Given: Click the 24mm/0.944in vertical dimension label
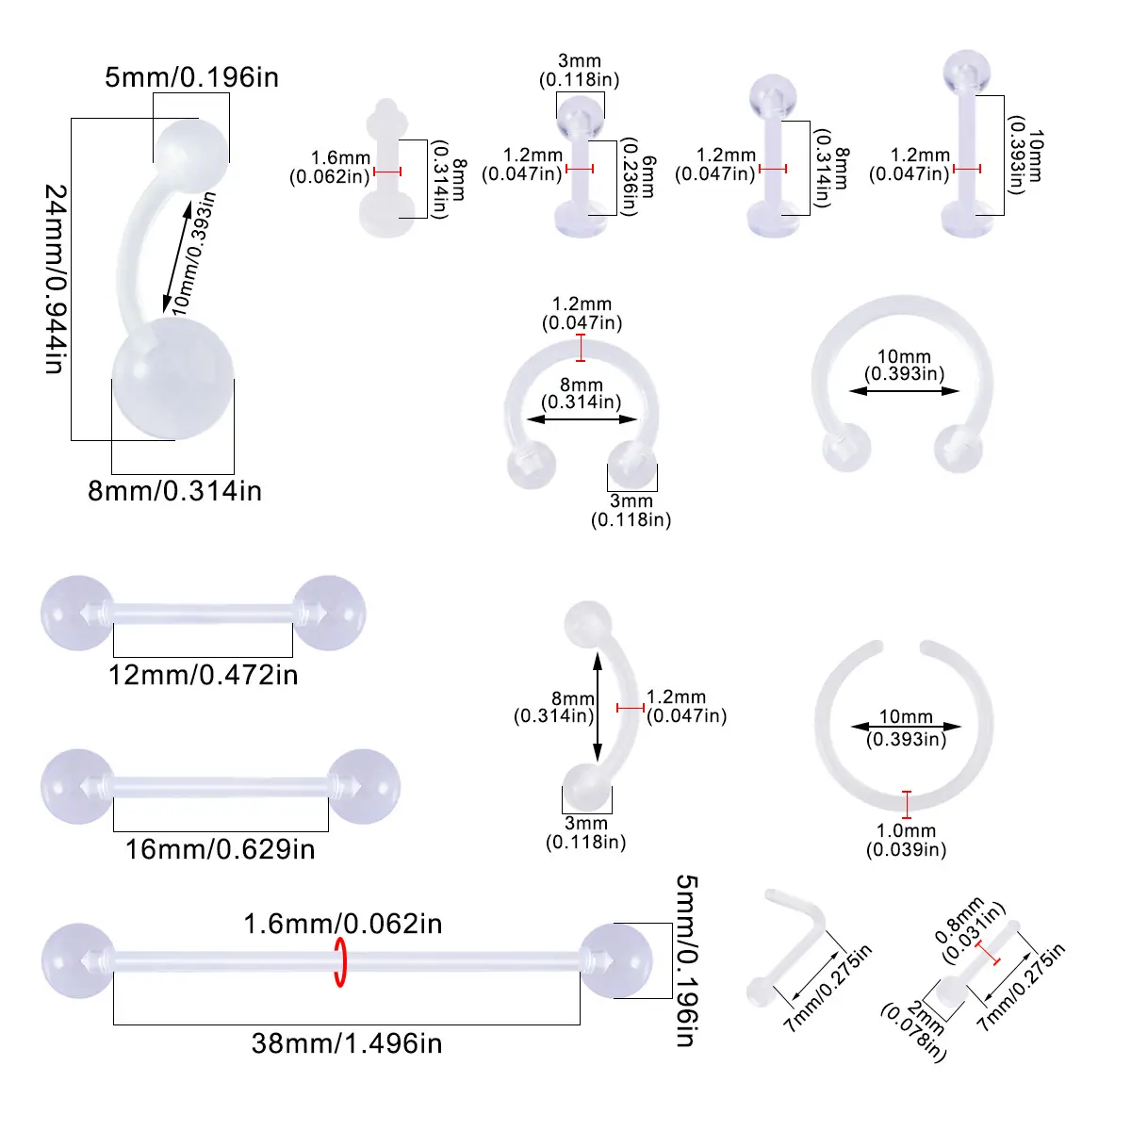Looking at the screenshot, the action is tap(57, 279).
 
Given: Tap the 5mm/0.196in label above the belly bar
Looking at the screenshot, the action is tap(192, 77).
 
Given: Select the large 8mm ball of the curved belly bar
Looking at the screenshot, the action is tap(172, 378).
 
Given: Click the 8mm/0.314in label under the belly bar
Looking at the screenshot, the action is tap(175, 491).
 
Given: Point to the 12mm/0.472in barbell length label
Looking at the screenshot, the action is tap(203, 675).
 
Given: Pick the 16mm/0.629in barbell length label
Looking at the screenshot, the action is tap(221, 849).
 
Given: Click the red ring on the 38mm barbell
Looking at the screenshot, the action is tap(340, 962).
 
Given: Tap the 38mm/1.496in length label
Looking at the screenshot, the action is tap(347, 1043).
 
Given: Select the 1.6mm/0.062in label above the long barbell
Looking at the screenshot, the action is tap(343, 924).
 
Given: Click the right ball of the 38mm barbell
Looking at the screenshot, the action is tap(615, 960).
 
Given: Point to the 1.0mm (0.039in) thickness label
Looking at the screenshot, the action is tap(906, 840).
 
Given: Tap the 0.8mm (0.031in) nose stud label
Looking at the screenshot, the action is tap(969, 930).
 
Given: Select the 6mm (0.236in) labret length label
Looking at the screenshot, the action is tap(639, 176).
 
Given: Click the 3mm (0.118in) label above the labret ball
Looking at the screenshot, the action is tap(580, 70).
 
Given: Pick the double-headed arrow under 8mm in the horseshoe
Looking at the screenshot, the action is tap(582, 419).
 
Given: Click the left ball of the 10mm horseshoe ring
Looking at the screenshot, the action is tap(846, 448).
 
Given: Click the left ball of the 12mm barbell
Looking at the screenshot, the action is tap(77, 613).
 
